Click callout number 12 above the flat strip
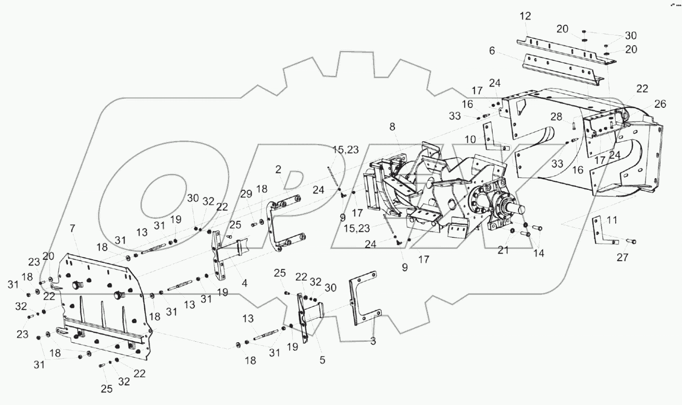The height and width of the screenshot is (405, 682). [525, 16]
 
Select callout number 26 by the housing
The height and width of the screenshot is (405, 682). [660, 104]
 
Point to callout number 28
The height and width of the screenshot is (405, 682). [556, 117]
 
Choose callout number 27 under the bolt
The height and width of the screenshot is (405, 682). [622, 257]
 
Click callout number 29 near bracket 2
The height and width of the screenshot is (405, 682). [246, 194]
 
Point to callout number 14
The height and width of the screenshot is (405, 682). [538, 253]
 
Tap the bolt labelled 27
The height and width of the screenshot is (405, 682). [630, 241]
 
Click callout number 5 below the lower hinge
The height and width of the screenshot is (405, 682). [323, 360]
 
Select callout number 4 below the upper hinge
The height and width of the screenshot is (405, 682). [245, 283]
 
